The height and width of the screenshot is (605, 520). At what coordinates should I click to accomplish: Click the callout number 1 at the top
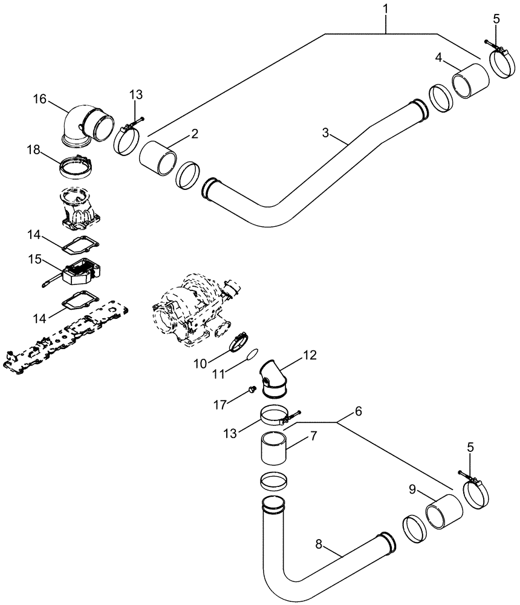click(x=385, y=10)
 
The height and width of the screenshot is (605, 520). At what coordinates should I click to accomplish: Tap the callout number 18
click(x=34, y=149)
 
